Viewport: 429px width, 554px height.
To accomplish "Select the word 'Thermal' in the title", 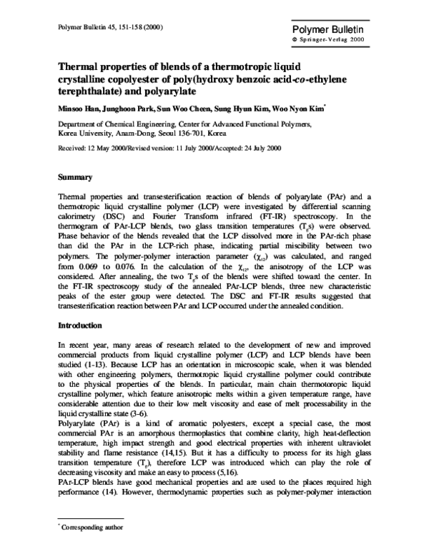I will click(x=79, y=65).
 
